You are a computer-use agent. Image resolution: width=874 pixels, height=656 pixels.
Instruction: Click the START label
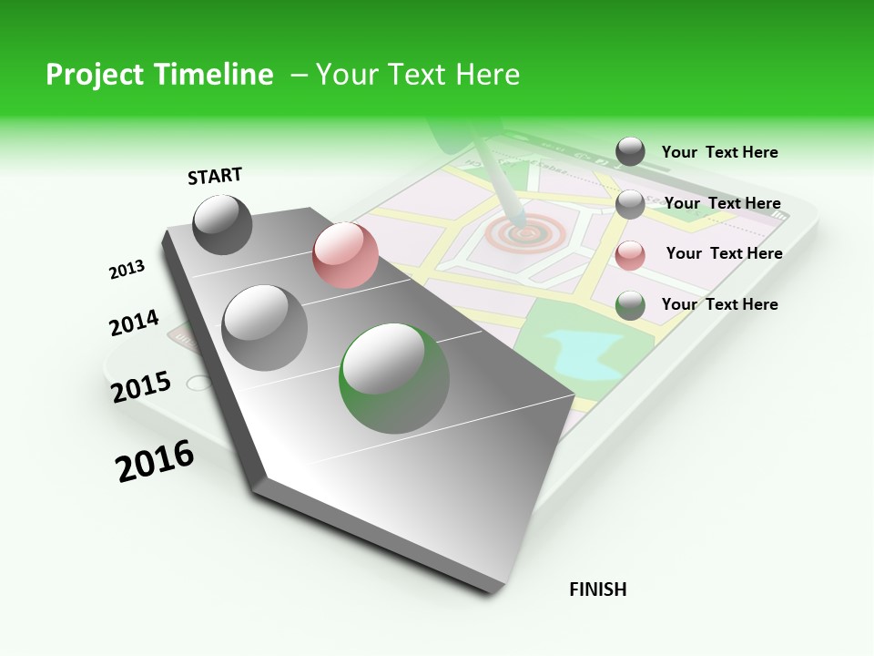pos(215,176)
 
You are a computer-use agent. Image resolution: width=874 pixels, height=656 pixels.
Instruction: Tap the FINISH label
pos(597,589)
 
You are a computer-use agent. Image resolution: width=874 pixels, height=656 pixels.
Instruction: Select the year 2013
pos(127,270)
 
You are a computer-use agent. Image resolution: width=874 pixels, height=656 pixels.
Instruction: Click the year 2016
pos(155,461)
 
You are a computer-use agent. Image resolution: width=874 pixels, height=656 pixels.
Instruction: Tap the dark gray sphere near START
pos(223,225)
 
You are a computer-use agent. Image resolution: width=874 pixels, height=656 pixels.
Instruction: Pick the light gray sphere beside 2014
pos(265,327)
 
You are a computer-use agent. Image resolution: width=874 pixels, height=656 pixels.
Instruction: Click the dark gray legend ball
pos(630,152)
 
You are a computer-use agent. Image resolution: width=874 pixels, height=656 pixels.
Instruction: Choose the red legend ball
pos(630,255)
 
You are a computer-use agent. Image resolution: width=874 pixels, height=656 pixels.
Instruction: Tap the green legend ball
pos(630,305)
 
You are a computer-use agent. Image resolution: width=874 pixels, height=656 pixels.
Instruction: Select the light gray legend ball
pos(630,204)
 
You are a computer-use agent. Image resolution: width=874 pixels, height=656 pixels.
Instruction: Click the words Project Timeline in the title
pos(159,75)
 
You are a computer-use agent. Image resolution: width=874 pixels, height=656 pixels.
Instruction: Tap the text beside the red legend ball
pos(724,253)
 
